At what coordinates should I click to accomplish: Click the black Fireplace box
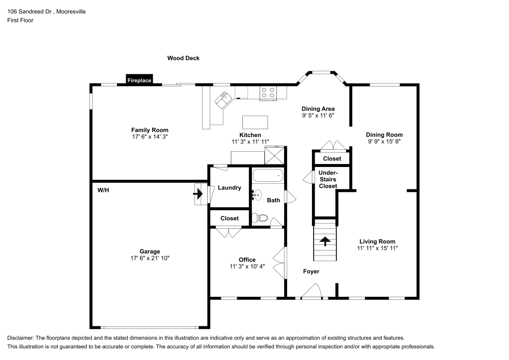tap(139, 80)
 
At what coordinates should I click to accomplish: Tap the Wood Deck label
tap(183, 58)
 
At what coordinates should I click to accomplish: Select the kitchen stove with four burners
tap(268, 93)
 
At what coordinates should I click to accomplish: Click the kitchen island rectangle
tap(256, 122)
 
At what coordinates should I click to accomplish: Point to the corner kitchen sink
tap(223, 99)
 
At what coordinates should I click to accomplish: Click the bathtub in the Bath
tap(267, 176)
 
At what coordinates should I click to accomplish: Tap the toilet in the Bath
tap(260, 218)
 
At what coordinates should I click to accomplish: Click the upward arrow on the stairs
tap(325, 241)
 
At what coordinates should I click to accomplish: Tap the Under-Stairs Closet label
tap(328, 179)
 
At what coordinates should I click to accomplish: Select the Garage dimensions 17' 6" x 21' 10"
tap(150, 259)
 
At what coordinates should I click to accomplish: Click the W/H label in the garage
tap(103, 190)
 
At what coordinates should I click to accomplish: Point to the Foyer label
tap(311, 271)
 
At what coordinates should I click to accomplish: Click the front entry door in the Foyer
tap(312, 291)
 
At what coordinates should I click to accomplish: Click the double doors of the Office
tap(278, 261)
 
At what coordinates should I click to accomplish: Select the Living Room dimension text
tap(377, 248)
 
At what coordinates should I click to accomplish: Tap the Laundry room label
tap(229, 188)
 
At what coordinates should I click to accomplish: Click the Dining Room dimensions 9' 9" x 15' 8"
tap(384, 142)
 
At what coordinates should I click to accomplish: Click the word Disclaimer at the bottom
tap(20, 338)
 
